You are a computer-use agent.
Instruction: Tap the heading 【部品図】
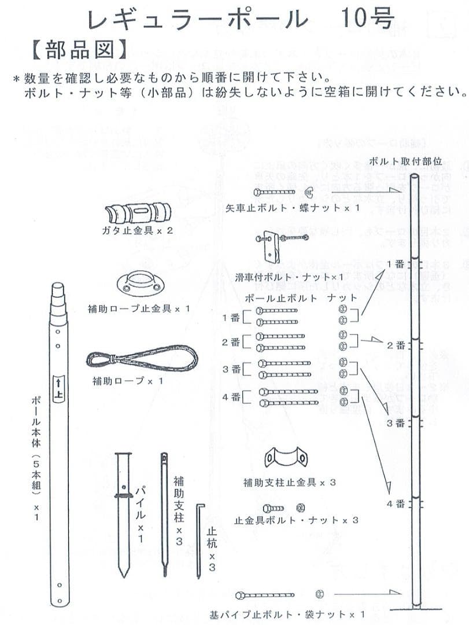(77, 50)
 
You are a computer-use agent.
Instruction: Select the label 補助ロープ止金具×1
(139, 308)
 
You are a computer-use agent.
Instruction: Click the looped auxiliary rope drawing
(142, 359)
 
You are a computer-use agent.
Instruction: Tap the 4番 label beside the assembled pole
(396, 503)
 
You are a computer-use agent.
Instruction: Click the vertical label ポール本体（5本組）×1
(36, 457)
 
